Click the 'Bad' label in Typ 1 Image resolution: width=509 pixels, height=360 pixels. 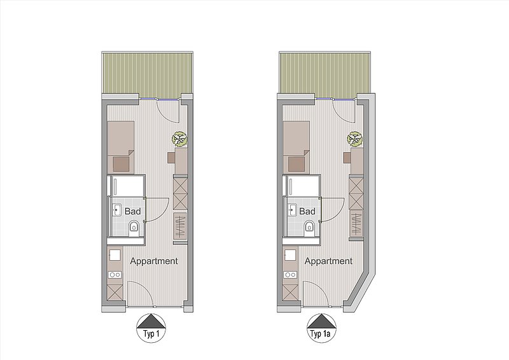coord(133,211)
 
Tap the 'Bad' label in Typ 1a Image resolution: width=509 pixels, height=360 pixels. coord(307,211)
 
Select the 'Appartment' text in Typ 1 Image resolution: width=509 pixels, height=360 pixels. coord(154,261)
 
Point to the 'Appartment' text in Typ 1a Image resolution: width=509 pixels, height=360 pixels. coord(328,261)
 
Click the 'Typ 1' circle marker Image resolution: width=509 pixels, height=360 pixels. coord(151,328)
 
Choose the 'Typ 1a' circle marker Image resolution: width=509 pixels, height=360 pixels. coord(322,328)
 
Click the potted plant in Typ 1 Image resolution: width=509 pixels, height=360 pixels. coord(179,139)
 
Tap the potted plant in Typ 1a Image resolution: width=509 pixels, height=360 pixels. coord(354,139)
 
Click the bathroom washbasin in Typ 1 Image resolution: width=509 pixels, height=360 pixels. coord(117,210)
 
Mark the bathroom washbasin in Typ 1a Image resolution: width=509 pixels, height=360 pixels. coord(293,210)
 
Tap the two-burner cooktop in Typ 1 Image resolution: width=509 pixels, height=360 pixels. coord(115,275)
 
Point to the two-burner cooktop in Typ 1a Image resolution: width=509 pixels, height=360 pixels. coord(289,275)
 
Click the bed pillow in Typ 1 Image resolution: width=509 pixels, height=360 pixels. coord(121,164)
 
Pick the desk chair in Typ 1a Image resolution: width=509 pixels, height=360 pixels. coord(347,158)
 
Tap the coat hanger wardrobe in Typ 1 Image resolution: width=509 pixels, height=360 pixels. coord(180,226)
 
